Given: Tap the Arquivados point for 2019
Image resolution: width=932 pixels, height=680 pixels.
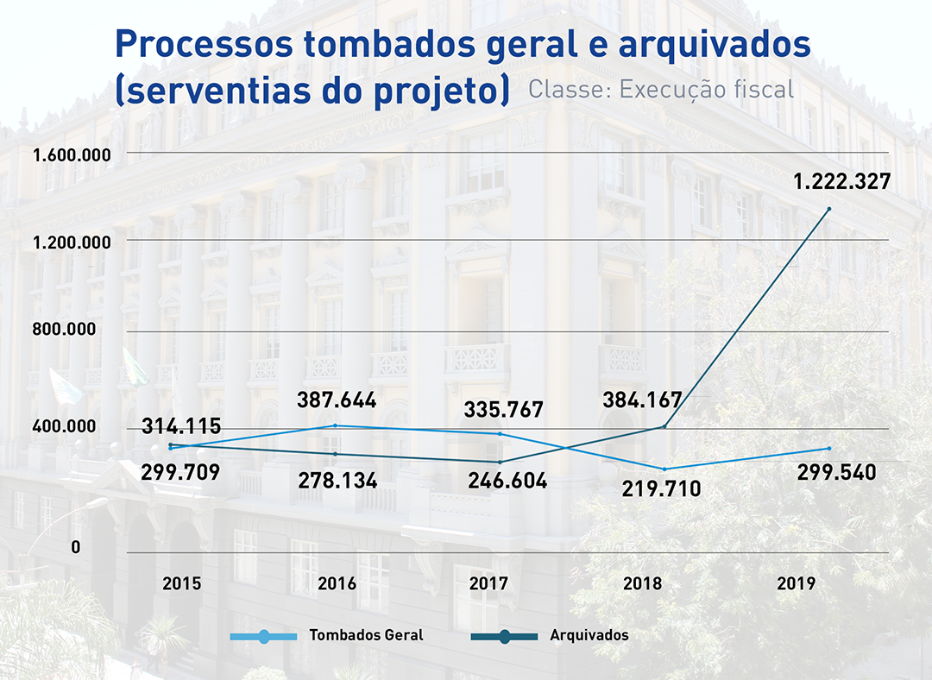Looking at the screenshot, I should coord(829,209).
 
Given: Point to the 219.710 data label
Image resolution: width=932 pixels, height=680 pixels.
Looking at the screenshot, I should coord(661,489).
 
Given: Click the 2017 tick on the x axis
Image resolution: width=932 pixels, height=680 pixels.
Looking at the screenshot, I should coord(488,583).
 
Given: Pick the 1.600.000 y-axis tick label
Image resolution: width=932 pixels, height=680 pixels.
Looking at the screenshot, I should coord(72,155).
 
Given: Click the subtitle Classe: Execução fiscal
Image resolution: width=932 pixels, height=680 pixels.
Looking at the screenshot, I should coord(660,89).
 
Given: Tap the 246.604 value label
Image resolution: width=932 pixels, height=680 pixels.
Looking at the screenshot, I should coord(507,481).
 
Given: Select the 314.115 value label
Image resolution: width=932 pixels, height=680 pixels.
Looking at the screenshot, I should coord(181,426).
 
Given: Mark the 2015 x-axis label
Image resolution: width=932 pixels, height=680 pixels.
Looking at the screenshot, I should coord(182,583).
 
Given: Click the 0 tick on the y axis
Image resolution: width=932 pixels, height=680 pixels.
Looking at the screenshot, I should coord(76,547).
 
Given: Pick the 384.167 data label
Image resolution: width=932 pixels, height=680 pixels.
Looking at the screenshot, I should coord(642,400).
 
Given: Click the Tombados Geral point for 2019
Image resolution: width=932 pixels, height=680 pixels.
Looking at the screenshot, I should coord(829,448).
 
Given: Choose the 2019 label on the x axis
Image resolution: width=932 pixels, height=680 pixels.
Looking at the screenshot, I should coord(796,583).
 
